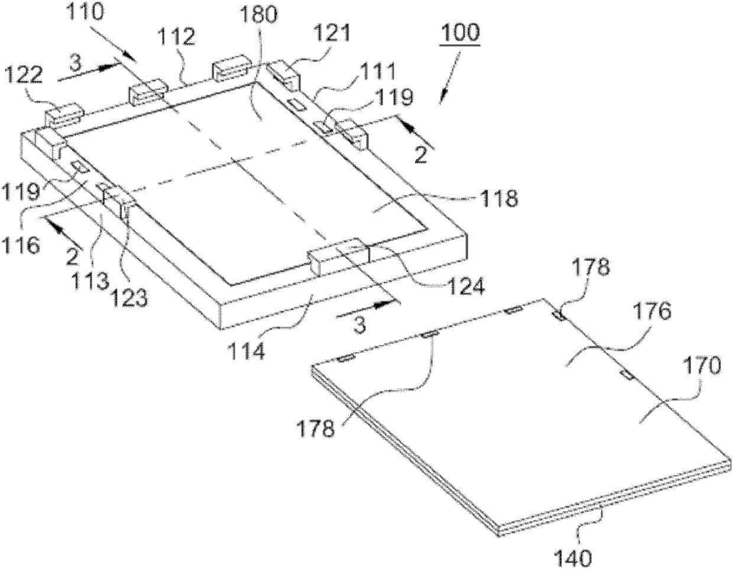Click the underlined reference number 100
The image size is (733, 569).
[x=460, y=33]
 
